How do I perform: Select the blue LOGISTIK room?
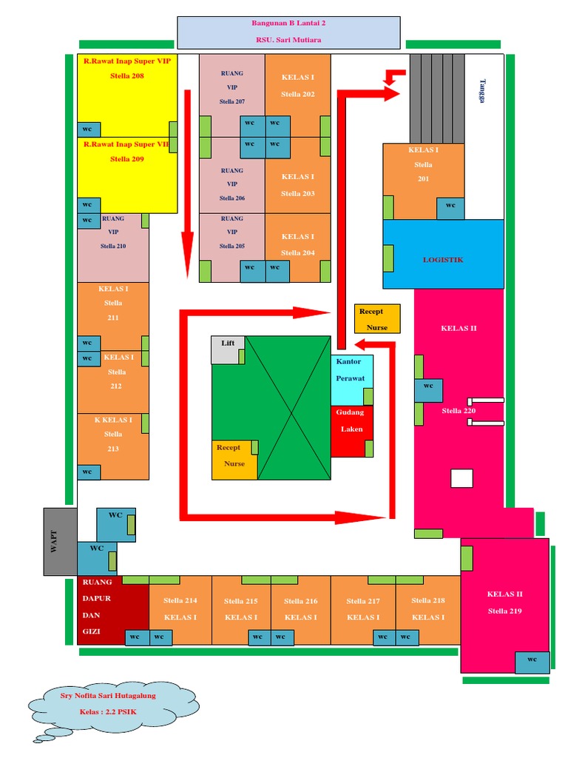click(x=443, y=255)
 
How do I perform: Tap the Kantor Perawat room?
click(x=351, y=380)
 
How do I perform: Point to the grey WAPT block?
click(x=61, y=541)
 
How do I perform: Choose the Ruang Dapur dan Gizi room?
click(x=112, y=610)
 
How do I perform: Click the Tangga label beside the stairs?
click(x=482, y=91)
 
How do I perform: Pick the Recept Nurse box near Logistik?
click(x=377, y=319)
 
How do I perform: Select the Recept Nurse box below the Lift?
click(x=234, y=460)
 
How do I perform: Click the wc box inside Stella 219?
click(x=532, y=663)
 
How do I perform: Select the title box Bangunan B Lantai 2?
click(x=289, y=33)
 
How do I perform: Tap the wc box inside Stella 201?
click(x=450, y=208)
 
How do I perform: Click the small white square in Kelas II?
click(x=461, y=478)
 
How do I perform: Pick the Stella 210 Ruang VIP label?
click(x=113, y=232)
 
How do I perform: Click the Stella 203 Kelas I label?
click(x=298, y=185)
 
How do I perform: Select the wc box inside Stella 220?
click(x=428, y=390)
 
